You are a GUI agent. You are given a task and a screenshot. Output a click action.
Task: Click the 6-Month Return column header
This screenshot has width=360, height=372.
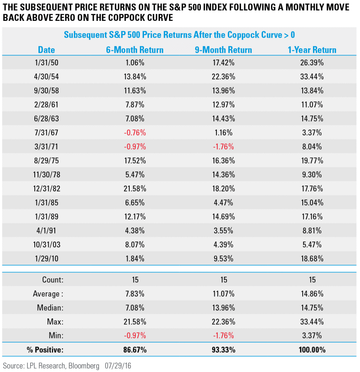pyautogui.click(x=135, y=50)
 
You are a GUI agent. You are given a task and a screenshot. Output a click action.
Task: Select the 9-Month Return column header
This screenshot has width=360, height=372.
pyautogui.click(x=223, y=50)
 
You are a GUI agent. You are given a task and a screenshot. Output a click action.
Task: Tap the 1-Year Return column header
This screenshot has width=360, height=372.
pyautogui.click(x=312, y=50)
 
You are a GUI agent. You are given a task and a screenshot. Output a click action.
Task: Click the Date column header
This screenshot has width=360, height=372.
pyautogui.click(x=46, y=50)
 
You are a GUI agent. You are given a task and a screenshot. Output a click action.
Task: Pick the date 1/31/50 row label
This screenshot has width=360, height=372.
pyautogui.click(x=46, y=63)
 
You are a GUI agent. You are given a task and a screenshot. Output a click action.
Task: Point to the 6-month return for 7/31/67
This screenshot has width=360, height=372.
pyautogui.click(x=135, y=132)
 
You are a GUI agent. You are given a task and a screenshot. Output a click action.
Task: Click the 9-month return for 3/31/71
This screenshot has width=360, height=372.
pyautogui.click(x=223, y=146)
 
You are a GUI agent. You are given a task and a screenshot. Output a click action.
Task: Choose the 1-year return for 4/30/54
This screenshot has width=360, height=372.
pyautogui.click(x=312, y=77)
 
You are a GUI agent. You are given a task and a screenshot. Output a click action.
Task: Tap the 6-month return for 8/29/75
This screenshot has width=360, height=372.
pyautogui.click(x=135, y=160)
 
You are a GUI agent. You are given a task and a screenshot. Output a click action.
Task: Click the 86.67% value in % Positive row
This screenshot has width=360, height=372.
pyautogui.click(x=135, y=350)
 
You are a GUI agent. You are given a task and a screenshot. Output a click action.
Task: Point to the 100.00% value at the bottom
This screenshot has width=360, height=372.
pyautogui.click(x=312, y=350)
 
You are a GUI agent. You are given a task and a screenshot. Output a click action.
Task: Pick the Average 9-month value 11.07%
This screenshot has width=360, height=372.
pyautogui.click(x=223, y=294)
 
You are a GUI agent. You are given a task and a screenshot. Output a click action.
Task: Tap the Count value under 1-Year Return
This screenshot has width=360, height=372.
pyautogui.click(x=312, y=280)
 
